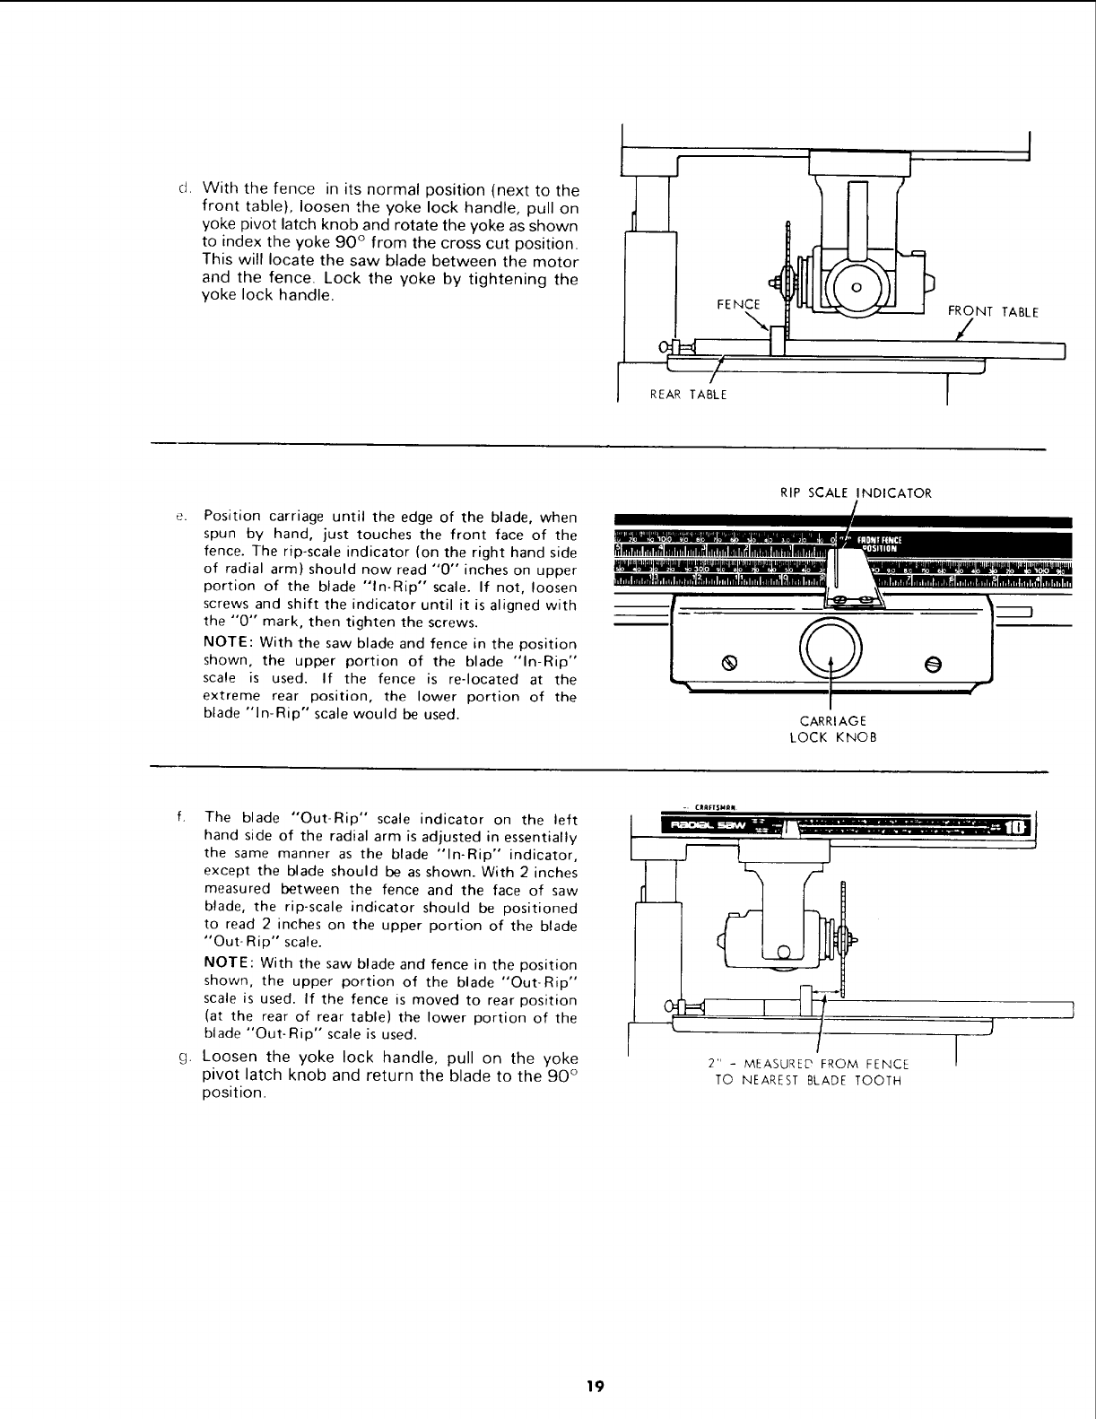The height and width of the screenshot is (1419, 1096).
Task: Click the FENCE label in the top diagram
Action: click(x=738, y=304)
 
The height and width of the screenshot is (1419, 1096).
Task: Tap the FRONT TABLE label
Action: click(x=993, y=313)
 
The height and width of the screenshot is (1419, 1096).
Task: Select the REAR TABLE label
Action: click(x=688, y=394)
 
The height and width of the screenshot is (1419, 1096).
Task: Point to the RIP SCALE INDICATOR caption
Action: click(x=857, y=492)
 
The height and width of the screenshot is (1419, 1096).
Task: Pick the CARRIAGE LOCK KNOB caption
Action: click(x=833, y=728)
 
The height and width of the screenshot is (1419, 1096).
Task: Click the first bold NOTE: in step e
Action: click(x=226, y=644)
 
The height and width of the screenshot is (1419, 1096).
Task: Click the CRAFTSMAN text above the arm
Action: click(x=717, y=805)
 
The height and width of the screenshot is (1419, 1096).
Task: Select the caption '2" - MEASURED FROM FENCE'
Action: click(x=808, y=1064)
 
